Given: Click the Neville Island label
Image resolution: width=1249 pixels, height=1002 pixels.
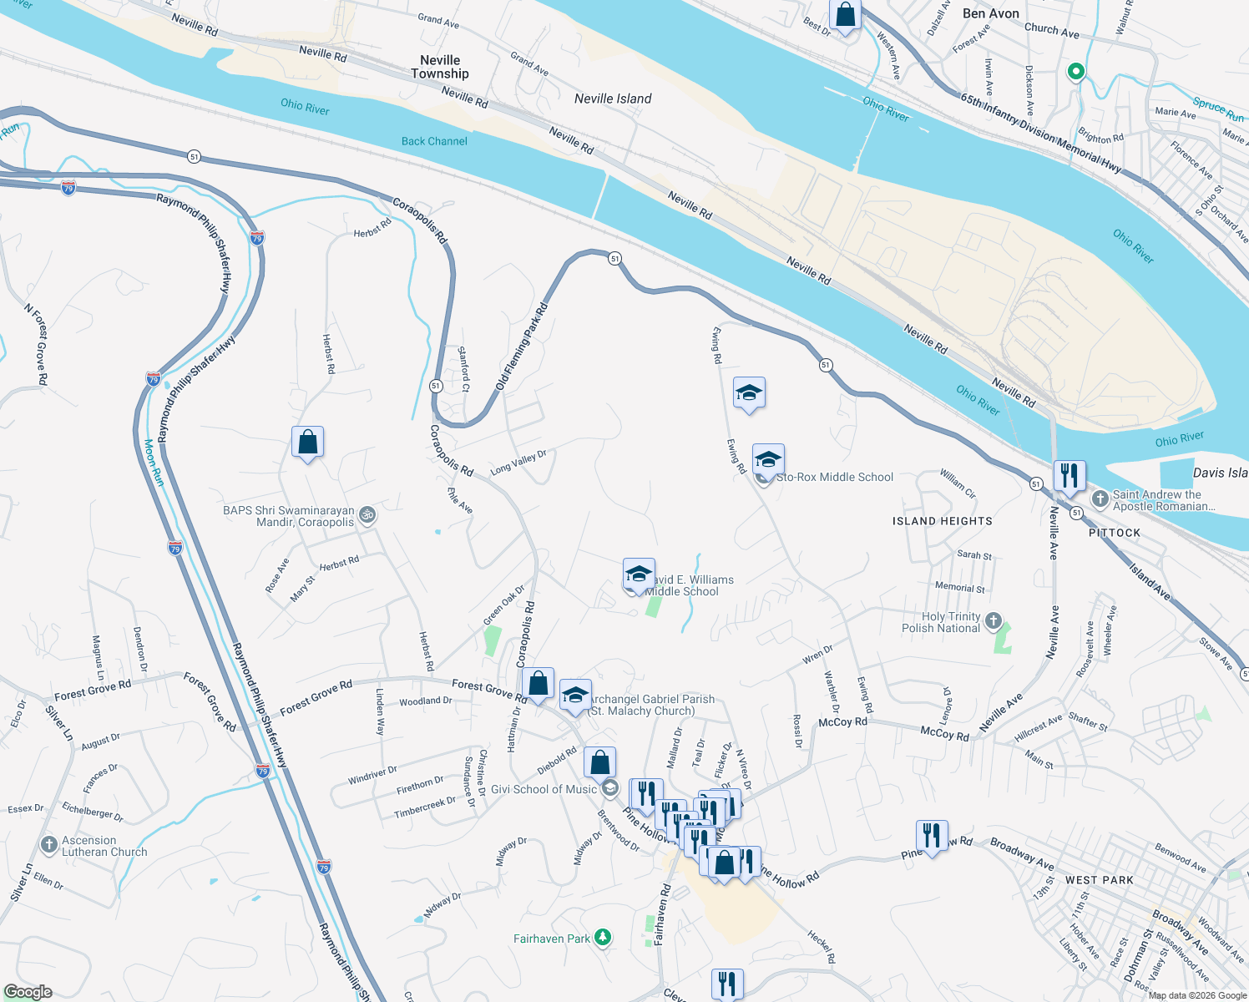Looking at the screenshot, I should (613, 99).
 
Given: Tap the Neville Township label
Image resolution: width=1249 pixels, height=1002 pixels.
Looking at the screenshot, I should (440, 67).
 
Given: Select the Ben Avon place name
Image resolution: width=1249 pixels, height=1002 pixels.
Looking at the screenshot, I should (990, 13).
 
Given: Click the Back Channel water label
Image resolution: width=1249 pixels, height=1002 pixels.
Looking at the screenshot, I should (434, 141).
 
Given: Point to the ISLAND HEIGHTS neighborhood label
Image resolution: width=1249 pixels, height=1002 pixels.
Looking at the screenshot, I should (942, 521).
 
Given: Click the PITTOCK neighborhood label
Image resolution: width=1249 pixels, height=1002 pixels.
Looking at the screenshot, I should (1114, 533).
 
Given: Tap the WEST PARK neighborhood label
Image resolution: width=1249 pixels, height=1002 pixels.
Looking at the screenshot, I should (1099, 880).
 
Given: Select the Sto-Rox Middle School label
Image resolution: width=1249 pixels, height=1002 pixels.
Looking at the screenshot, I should (834, 477).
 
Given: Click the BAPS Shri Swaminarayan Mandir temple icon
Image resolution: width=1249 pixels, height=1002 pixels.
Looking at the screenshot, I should (367, 515).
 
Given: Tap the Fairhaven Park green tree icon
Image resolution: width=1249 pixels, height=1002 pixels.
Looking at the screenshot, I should (602, 938).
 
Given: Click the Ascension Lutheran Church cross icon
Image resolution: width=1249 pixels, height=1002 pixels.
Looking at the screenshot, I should (48, 845).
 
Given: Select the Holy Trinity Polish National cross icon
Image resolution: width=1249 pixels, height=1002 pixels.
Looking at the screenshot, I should (993, 620).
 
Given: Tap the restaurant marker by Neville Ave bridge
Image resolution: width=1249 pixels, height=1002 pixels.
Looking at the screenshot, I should (1069, 475).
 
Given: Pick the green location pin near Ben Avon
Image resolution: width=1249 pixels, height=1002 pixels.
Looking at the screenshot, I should (1076, 72).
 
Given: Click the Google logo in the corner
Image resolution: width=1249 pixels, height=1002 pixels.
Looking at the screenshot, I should (28, 991).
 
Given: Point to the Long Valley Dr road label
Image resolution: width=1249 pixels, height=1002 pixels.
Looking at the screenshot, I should (518, 462).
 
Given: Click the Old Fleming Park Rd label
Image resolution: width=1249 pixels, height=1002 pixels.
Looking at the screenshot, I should (522, 347).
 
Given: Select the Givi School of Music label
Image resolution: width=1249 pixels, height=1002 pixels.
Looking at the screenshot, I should (544, 789).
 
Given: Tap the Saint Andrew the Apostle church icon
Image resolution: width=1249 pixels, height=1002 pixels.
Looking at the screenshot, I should (1100, 499).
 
